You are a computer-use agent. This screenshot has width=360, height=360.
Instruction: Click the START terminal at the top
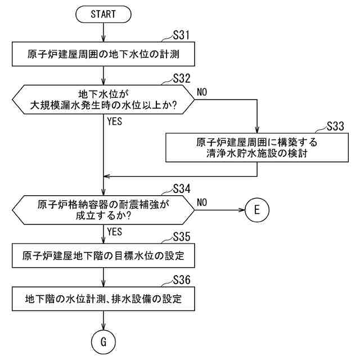pyautogui.click(x=103, y=14)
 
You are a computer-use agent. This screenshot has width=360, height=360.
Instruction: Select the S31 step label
pyautogui.click(x=180, y=36)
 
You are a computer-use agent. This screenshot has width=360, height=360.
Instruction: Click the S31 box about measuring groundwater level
pyautogui.click(x=103, y=55)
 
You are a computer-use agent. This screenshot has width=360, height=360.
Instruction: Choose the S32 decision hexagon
pyautogui.click(x=103, y=100)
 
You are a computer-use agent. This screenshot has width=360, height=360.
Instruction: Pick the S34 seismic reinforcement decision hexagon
pyautogui.click(x=103, y=209)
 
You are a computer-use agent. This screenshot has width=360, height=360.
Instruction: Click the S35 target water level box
pyautogui.click(x=103, y=256)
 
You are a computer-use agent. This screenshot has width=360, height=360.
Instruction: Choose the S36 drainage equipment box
pyautogui.click(x=103, y=299)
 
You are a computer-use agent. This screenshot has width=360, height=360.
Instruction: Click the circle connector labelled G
pyautogui.click(x=103, y=341)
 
